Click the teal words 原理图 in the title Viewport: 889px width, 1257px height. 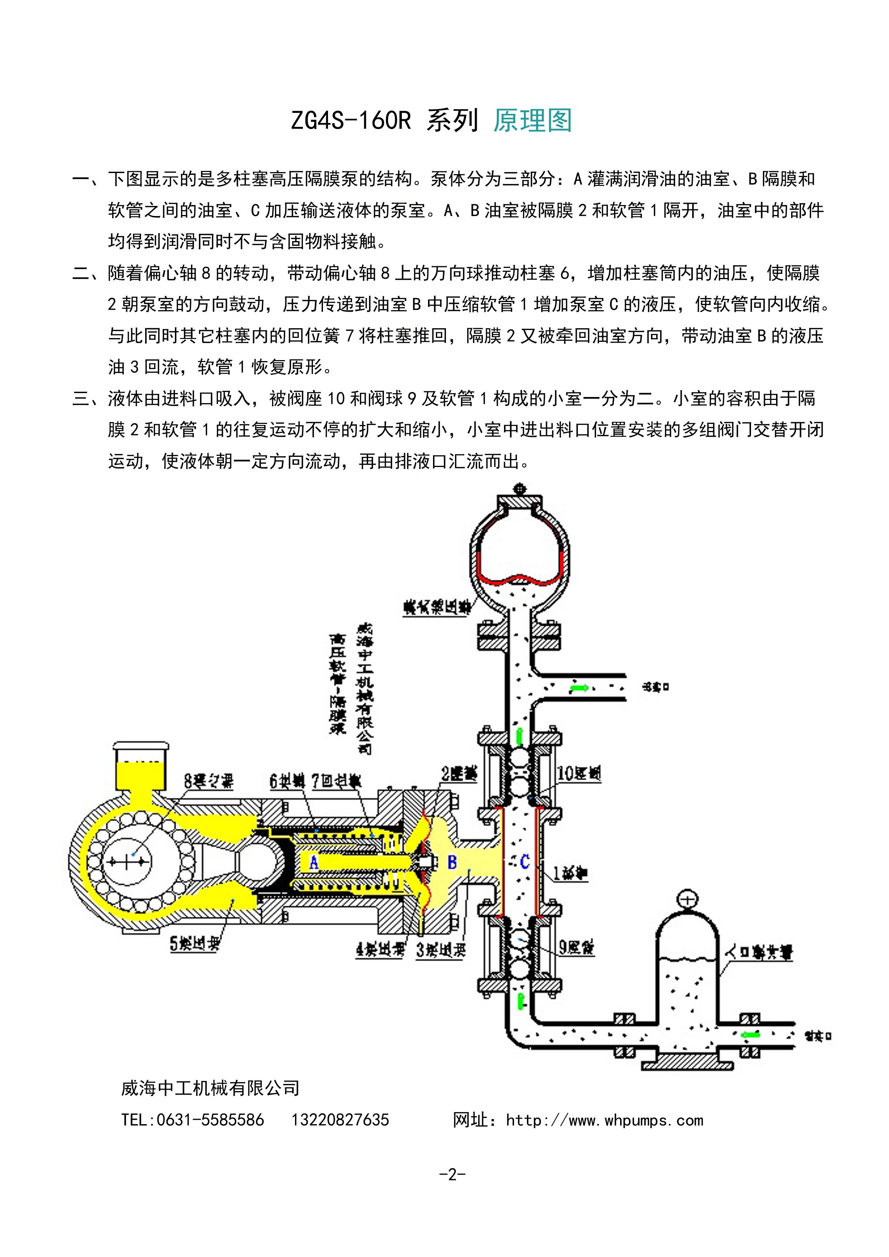coord(532,120)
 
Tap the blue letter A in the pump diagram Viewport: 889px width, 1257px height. coord(314,863)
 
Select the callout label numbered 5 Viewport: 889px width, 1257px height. coord(194,943)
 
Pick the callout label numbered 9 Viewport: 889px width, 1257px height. coord(576,947)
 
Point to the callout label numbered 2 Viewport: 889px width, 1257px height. coord(459,773)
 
